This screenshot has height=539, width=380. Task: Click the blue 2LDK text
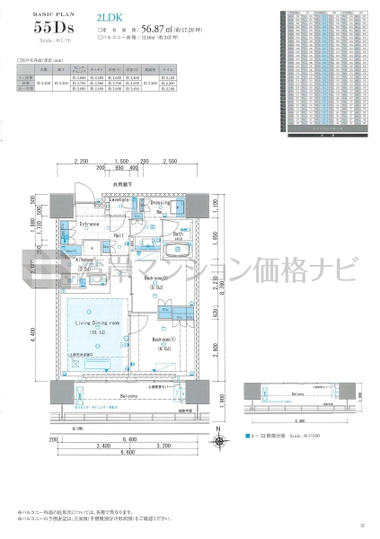point(106,17)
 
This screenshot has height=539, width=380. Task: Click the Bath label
point(179,235)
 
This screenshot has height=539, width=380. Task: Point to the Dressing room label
point(162,203)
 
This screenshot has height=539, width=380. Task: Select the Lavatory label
point(124,199)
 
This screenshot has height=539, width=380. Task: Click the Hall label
point(118,234)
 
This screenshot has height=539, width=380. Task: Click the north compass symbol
point(218,442)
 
